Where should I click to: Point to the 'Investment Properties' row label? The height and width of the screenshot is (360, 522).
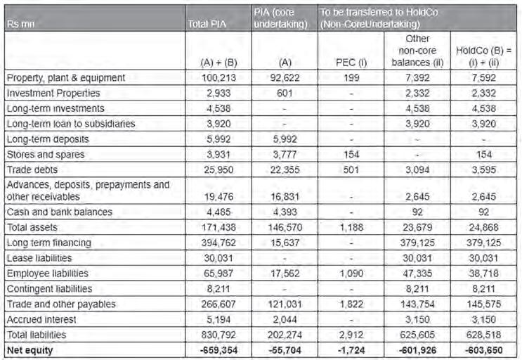[x=52, y=93]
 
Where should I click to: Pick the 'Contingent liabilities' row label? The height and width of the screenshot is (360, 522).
[x=50, y=288]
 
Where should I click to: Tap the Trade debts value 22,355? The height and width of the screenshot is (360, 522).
[x=282, y=169]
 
